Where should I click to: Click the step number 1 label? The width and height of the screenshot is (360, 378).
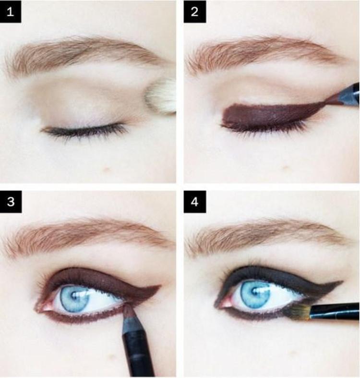point(11,12)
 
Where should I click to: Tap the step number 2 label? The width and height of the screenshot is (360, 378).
point(195,12)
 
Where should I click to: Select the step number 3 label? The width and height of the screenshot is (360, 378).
point(11,201)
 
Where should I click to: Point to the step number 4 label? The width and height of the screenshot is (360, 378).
point(195,201)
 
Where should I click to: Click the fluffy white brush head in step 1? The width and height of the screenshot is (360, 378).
point(161,97)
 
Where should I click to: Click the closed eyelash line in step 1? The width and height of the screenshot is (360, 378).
point(84,130)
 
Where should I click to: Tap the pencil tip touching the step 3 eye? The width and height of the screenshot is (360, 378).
point(128,311)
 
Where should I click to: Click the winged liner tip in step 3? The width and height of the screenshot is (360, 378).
point(159,286)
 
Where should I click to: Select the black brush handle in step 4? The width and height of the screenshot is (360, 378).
point(335,311)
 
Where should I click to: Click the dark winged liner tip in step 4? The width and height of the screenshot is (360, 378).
point(341,282)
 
